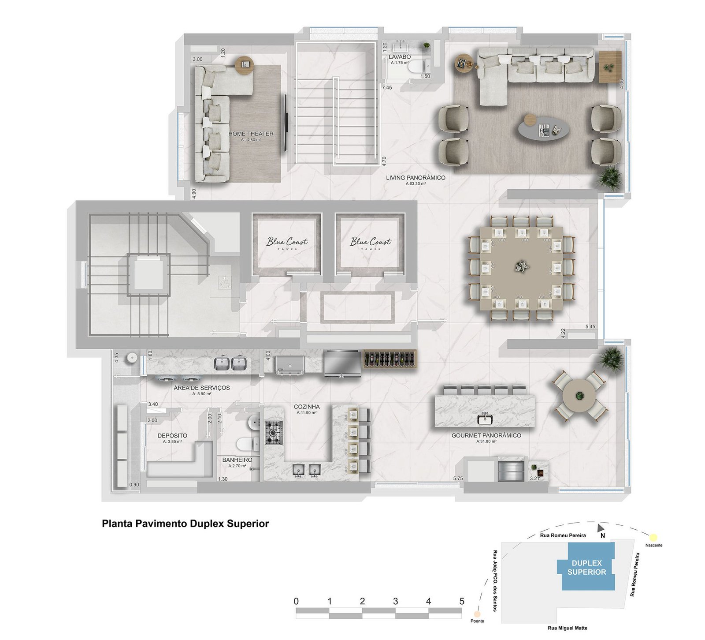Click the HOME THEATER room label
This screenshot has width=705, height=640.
point(251,134)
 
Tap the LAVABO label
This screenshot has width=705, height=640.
point(399,57)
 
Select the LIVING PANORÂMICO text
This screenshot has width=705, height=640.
point(416,178)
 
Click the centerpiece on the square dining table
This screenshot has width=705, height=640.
point(521,266)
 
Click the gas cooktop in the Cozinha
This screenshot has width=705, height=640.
point(273,432)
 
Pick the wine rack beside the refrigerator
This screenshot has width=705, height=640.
point(390,359)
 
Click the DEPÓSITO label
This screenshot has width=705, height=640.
point(172,435)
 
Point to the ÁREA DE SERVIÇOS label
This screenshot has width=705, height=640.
point(201,388)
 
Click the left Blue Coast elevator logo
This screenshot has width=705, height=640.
point(287,242)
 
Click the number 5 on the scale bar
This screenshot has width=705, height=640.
point(461,601)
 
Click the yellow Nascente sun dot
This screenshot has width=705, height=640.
point(653,537)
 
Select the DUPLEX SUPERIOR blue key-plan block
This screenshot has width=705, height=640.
point(586,567)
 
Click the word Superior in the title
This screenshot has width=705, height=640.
point(248,524)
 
